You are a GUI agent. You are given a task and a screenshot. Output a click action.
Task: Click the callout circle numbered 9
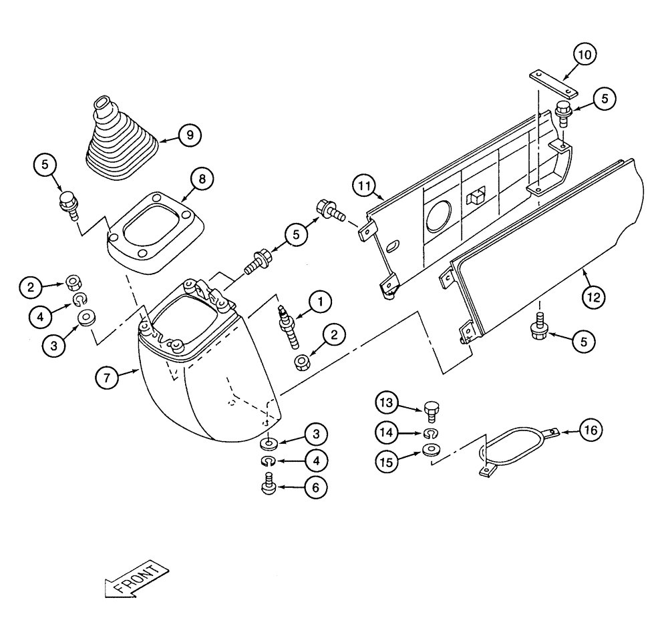pyautogui.click(x=190, y=135)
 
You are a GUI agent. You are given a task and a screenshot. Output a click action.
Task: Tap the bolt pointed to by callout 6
pyautogui.click(x=269, y=485)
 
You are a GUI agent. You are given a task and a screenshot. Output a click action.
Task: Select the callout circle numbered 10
pyautogui.click(x=584, y=55)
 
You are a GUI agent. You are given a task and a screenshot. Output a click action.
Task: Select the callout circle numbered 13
pyautogui.click(x=388, y=404)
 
